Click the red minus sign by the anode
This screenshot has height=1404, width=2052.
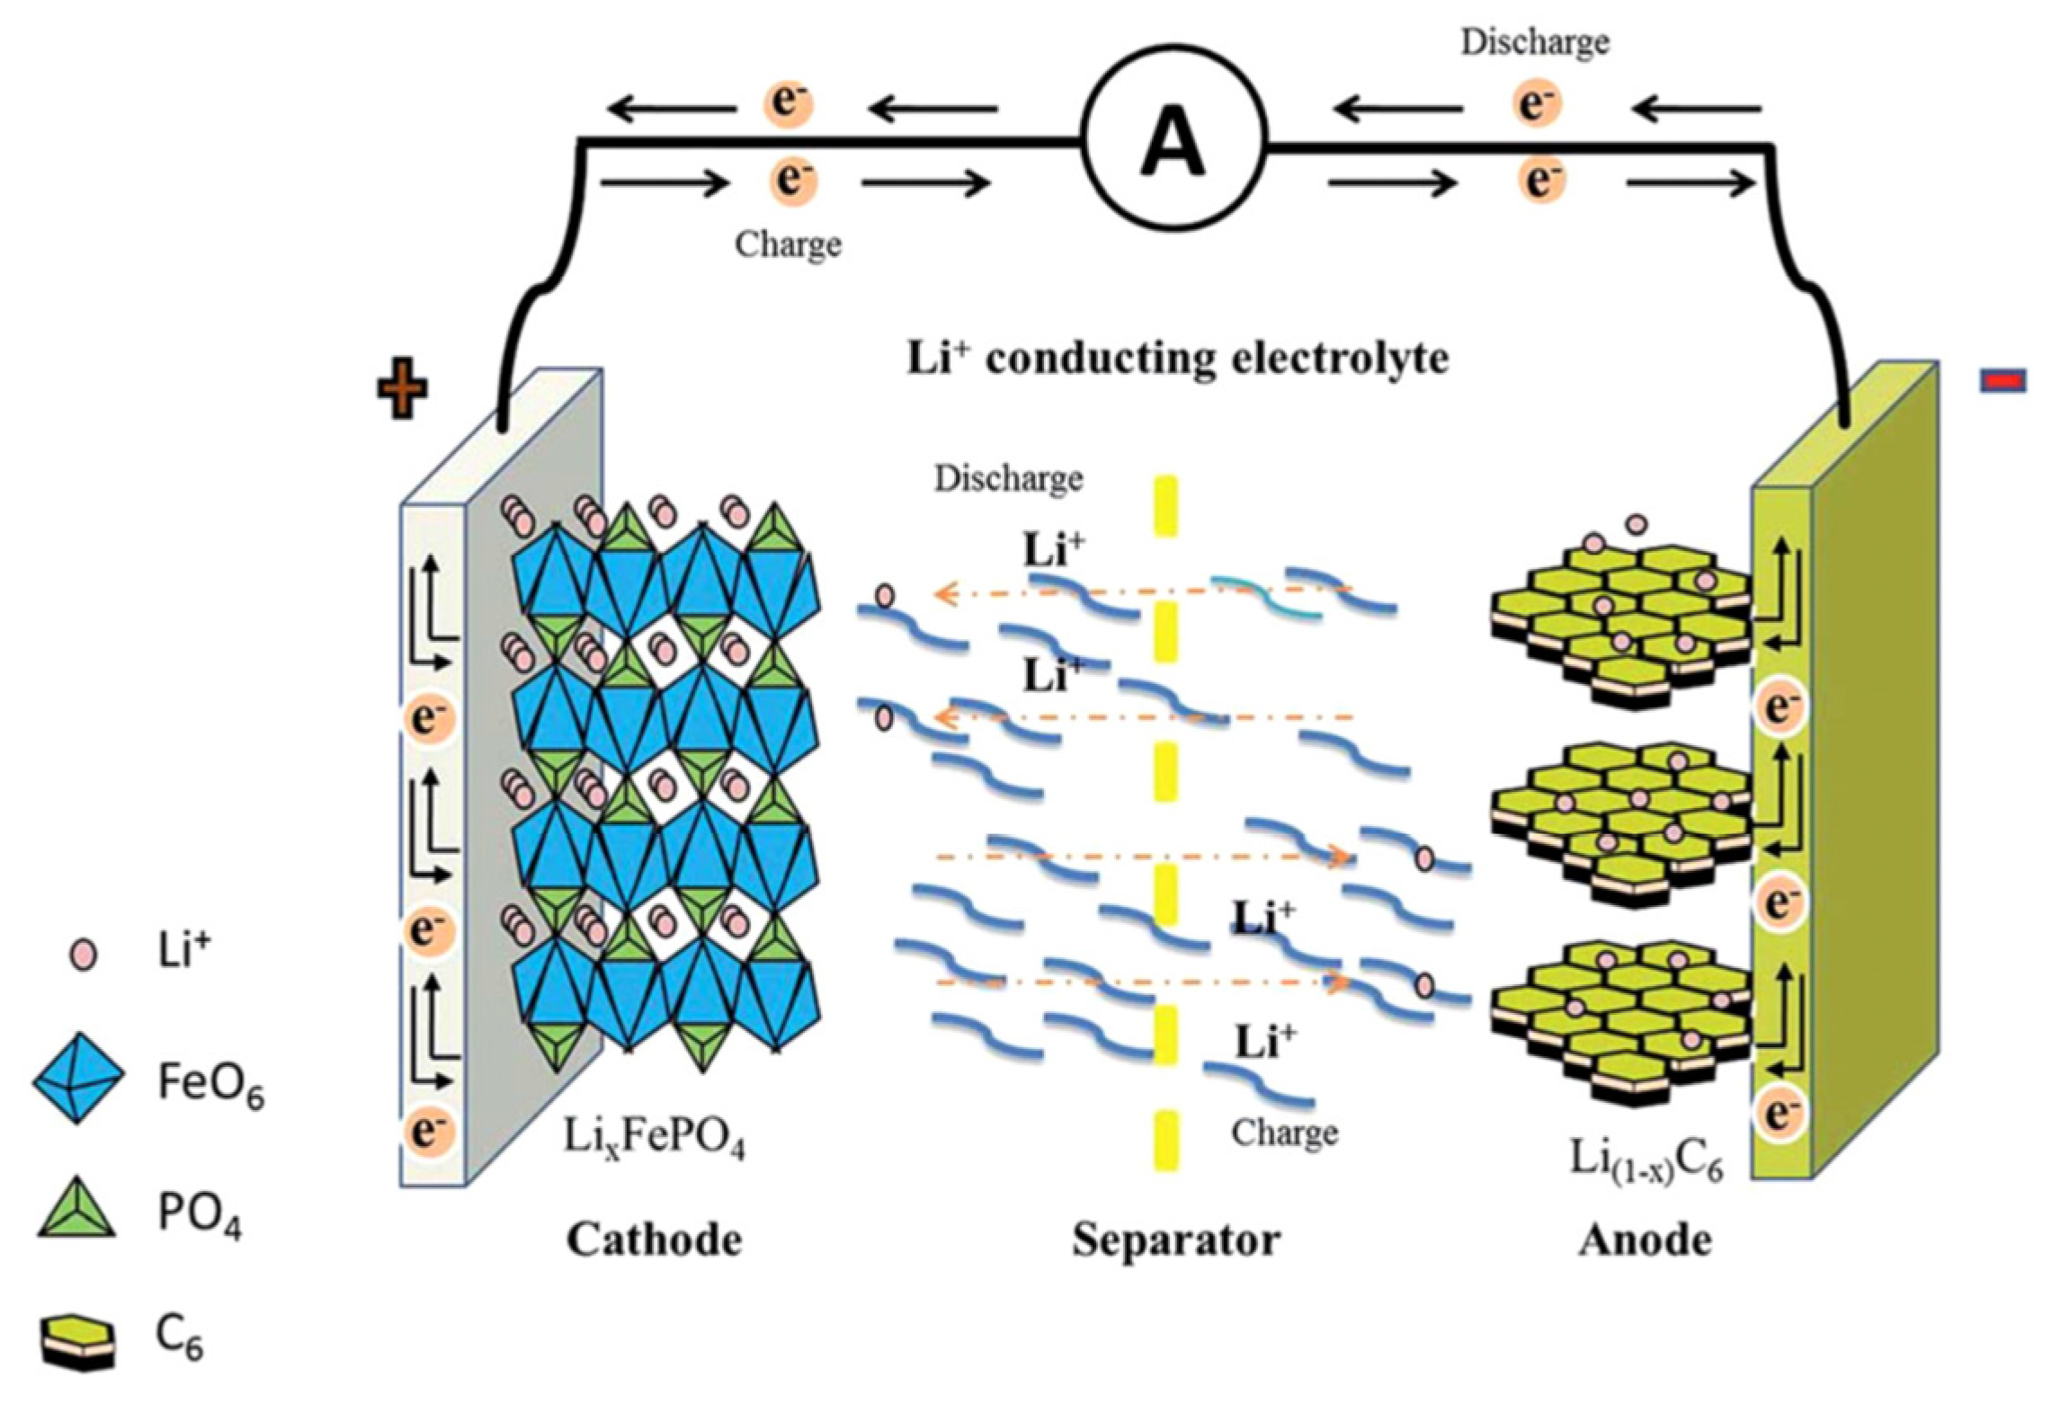click(x=2003, y=381)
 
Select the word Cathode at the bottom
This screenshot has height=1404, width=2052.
click(x=654, y=1240)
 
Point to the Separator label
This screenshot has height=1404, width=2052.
click(x=1175, y=1240)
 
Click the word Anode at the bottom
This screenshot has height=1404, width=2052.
click(x=1645, y=1240)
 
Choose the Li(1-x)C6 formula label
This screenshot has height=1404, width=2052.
click(x=1646, y=1160)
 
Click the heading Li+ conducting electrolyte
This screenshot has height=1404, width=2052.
click(x=1177, y=359)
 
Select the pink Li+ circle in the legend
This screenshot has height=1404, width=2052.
click(x=84, y=955)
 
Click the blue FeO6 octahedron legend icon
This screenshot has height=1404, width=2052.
click(x=78, y=1079)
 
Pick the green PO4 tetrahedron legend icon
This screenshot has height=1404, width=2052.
click(x=77, y=1209)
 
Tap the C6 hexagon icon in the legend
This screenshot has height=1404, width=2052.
click(x=78, y=1341)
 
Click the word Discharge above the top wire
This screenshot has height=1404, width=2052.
click(x=1534, y=42)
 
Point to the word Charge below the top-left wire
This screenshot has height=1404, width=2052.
click(x=788, y=244)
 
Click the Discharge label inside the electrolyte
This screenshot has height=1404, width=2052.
click(x=1008, y=478)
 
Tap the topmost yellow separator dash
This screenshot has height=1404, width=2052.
click(x=1165, y=507)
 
